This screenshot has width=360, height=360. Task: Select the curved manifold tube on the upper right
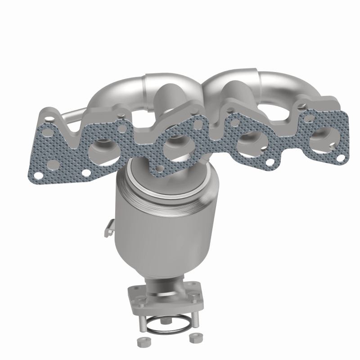pyautogui.click(x=279, y=85)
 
